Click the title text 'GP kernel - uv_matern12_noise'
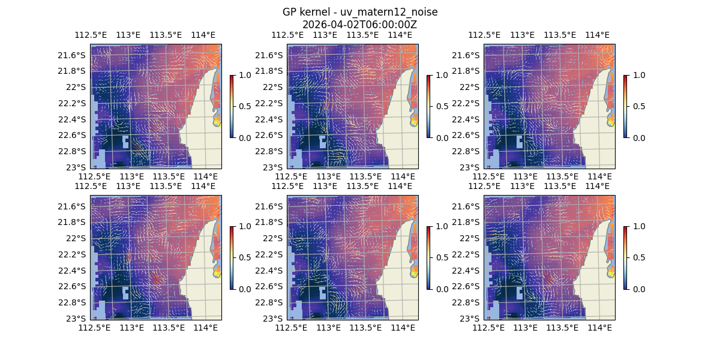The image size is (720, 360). (360, 12)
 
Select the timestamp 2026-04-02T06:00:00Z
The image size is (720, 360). (360, 25)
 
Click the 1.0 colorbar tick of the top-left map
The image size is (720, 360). (244, 76)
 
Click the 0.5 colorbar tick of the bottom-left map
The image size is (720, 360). (244, 257)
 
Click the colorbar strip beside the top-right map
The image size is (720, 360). (625, 106)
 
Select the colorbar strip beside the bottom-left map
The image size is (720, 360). (232, 257)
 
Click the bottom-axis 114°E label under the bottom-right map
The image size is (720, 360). (599, 328)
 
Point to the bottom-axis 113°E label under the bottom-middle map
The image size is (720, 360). (329, 328)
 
